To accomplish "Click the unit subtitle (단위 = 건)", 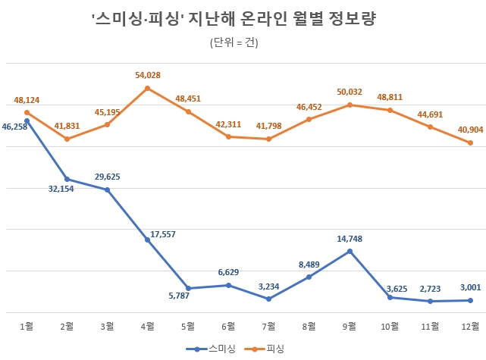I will (234, 43).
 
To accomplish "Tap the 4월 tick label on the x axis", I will (147, 326).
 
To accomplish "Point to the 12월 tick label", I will (470, 326).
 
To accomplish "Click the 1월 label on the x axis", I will (27, 326).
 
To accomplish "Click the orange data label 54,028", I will (148, 75).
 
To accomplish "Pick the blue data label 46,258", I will (15, 127).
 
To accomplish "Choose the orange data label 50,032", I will (350, 92).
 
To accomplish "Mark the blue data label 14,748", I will (350, 239).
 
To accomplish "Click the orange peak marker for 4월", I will (148, 88).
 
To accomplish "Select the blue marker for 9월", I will (350, 251).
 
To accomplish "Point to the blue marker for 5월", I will (188, 288).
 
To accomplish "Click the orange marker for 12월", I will (470, 142).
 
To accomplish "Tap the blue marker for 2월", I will (67, 179).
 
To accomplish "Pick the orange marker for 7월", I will (268, 139).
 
